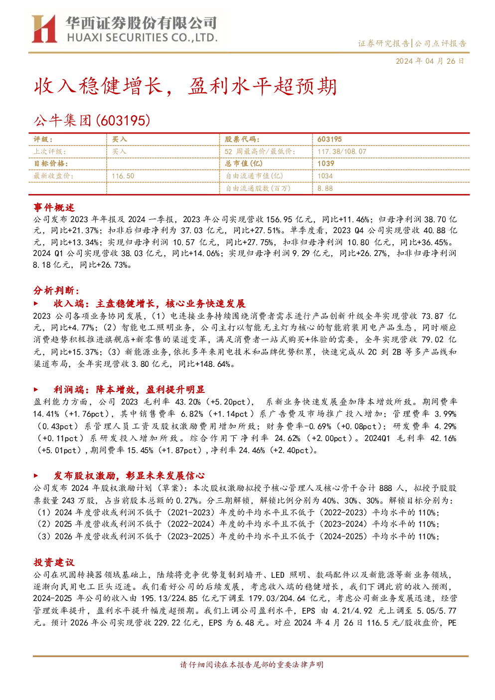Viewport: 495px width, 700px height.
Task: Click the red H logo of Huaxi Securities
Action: click(x=44, y=28)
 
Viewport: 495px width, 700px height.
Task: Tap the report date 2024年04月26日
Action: click(x=430, y=61)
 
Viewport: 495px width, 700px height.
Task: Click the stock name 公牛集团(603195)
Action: click(x=92, y=120)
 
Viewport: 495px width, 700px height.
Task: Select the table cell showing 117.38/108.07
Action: click(x=342, y=152)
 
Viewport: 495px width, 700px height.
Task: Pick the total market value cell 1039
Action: click(x=326, y=164)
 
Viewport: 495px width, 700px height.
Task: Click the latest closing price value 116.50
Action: click(x=123, y=176)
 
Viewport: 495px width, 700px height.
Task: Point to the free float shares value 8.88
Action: click(x=325, y=188)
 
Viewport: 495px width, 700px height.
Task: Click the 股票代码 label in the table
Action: click(x=242, y=139)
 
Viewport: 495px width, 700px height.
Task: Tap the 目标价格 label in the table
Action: click(x=51, y=164)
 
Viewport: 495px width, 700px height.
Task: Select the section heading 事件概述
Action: click(x=54, y=207)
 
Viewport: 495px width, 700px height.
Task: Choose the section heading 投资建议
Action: click(x=54, y=562)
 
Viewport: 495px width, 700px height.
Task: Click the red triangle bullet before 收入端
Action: click(x=36, y=303)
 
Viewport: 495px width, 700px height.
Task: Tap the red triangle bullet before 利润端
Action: click(x=36, y=389)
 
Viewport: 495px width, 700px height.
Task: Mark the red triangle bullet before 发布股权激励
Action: click(x=36, y=476)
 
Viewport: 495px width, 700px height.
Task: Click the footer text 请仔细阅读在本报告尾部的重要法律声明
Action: click(x=252, y=665)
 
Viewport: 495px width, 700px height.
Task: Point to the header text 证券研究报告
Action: click(x=383, y=43)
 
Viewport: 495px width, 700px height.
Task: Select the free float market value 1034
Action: click(x=325, y=176)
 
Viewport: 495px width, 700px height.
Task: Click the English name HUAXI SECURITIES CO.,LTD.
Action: click(x=142, y=37)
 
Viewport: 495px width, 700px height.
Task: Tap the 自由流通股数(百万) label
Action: click(x=258, y=188)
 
